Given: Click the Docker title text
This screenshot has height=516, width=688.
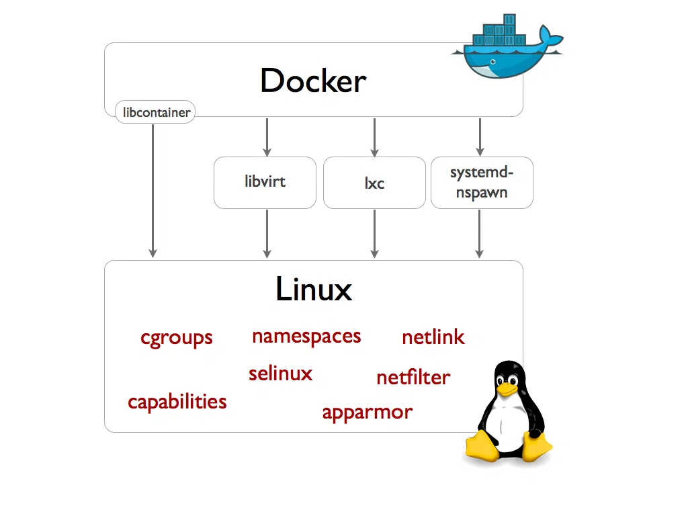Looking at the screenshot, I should point(313,81).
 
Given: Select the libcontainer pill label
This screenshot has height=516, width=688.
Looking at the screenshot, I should point(155,112).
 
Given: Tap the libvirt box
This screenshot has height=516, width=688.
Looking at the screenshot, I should point(265,182).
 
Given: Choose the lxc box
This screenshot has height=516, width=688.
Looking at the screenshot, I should point(374,183).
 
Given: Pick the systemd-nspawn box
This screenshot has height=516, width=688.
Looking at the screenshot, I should point(481,182).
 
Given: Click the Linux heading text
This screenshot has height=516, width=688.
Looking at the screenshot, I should point(314,290).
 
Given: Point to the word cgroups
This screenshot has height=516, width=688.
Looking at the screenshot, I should point(177,337).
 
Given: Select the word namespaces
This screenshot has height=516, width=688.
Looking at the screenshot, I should point(306,336).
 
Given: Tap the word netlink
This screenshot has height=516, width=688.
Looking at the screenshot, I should point(433,337).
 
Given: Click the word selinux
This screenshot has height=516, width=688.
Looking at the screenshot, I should point(280,373).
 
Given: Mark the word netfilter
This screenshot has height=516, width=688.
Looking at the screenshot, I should point(413,377).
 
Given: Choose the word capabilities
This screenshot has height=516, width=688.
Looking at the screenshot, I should point(177,402).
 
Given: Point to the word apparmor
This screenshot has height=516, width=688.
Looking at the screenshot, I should point(367,412).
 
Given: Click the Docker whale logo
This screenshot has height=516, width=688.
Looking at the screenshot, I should point(501,50).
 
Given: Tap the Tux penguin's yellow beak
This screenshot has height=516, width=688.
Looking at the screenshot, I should point(507,388).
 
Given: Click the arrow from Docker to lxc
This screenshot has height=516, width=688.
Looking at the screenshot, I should point(374,137).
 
